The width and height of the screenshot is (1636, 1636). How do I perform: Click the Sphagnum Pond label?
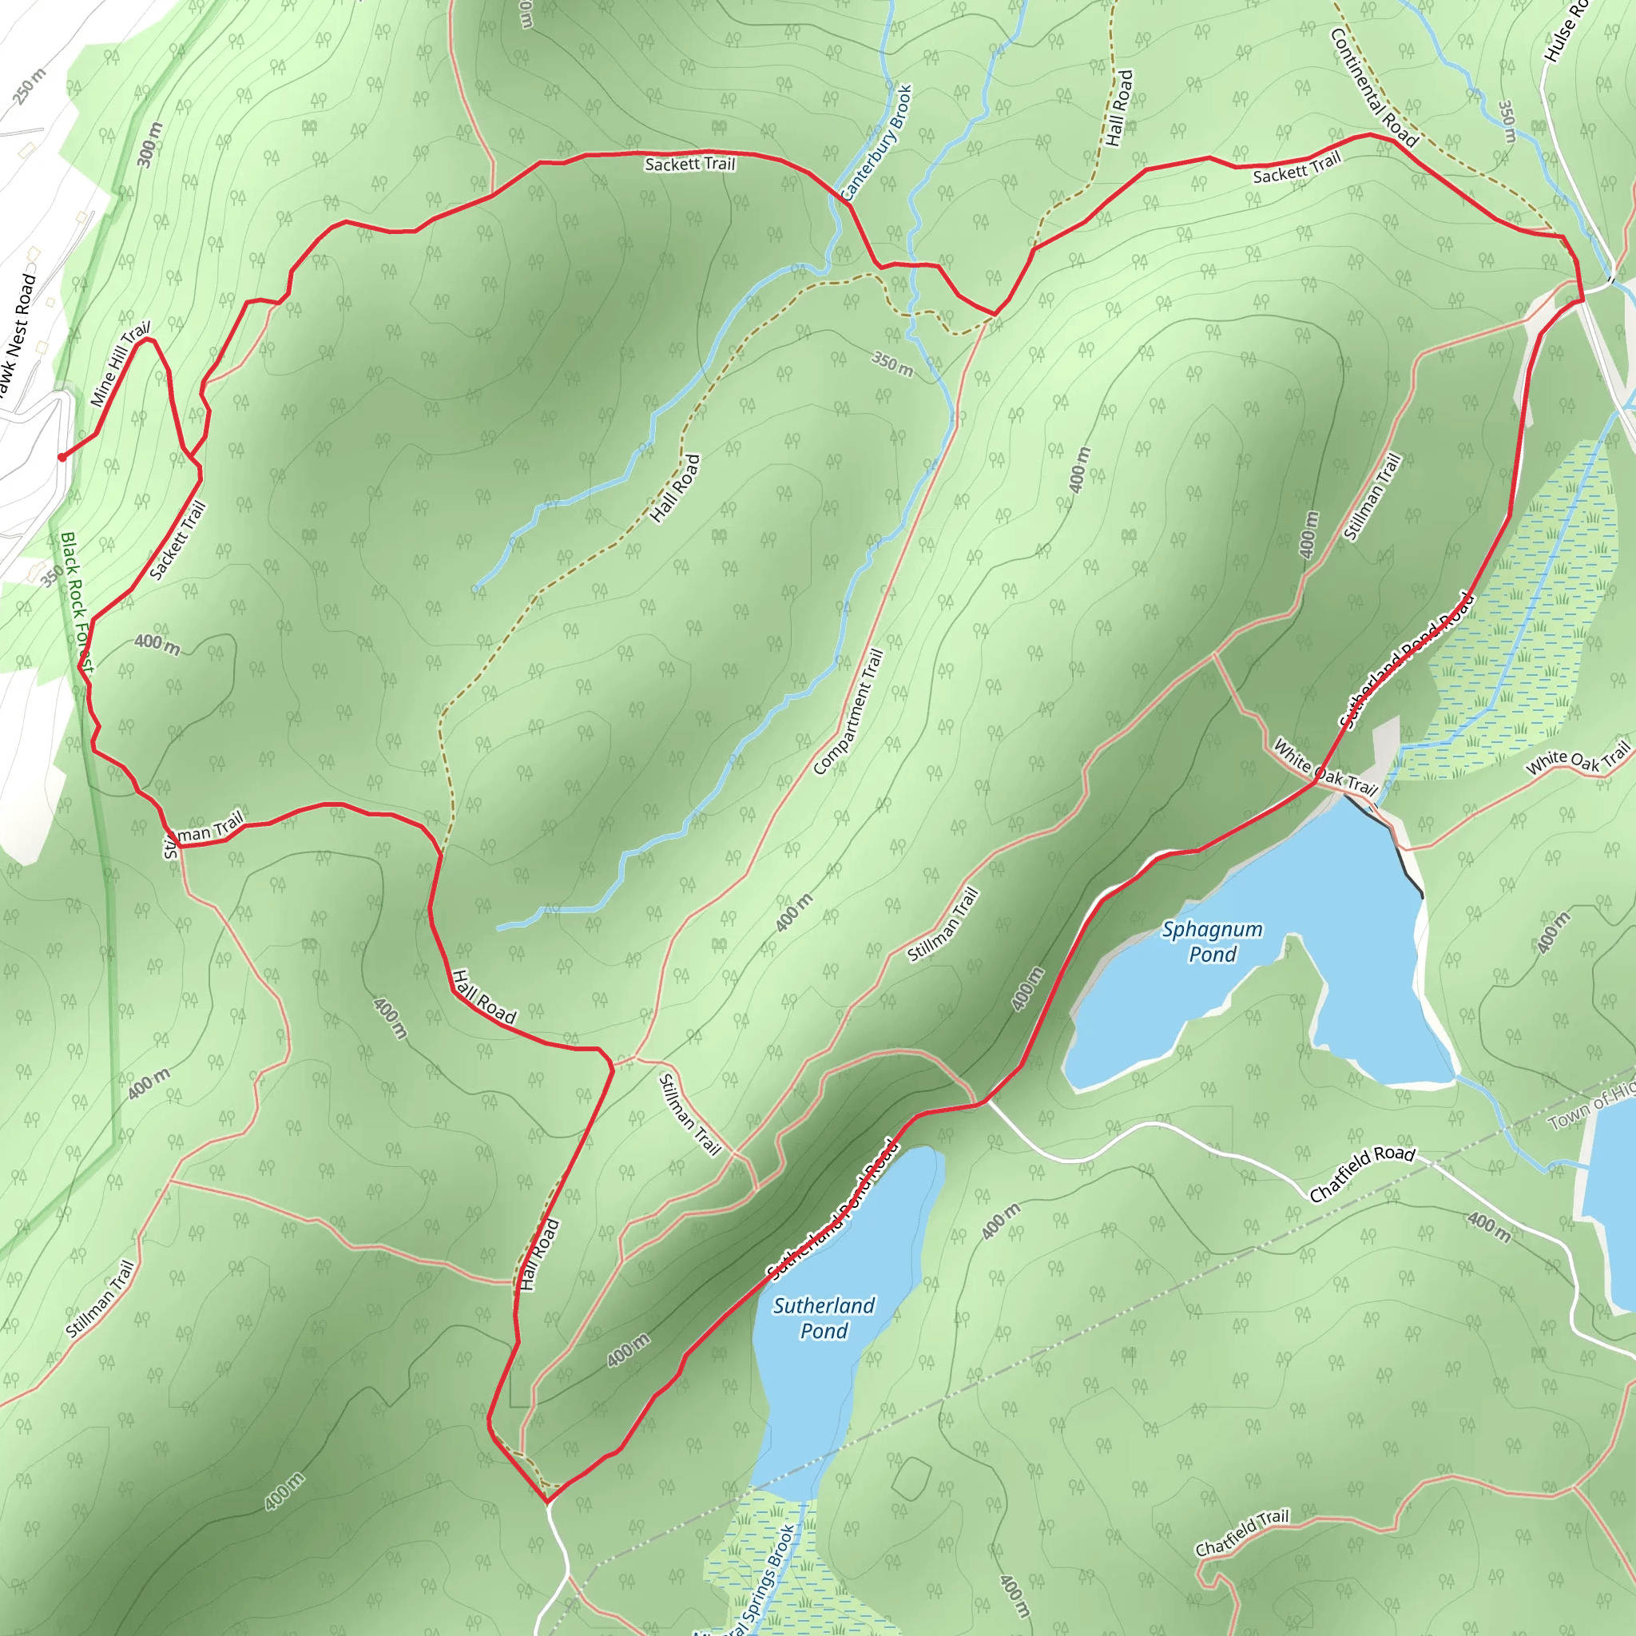(x=1212, y=942)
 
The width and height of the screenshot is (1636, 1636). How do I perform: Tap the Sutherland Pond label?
(x=823, y=1317)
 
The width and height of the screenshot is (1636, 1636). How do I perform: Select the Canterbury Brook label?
(x=878, y=141)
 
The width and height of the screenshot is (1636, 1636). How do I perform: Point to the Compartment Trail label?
(x=848, y=711)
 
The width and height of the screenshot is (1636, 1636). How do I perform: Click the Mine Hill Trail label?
(x=121, y=363)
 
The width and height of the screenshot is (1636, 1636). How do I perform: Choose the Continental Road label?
(x=1372, y=88)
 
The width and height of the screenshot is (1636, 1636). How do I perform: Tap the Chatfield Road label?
(x=1362, y=1173)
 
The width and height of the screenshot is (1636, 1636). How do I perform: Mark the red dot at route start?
(x=62, y=457)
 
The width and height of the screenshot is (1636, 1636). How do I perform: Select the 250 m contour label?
(x=30, y=86)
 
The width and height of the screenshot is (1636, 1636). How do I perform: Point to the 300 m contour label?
(x=150, y=145)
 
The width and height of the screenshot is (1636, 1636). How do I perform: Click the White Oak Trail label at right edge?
(x=1577, y=758)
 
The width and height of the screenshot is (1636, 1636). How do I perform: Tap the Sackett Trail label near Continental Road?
(x=1296, y=168)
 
